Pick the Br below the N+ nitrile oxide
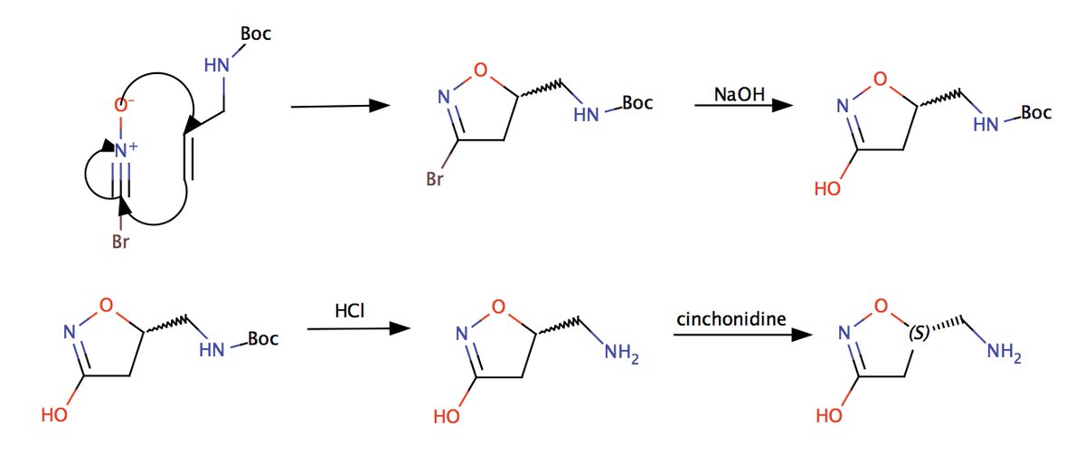click(x=121, y=242)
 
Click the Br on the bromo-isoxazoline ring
click(x=434, y=180)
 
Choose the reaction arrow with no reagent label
click(x=340, y=107)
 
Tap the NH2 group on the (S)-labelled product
click(x=1004, y=354)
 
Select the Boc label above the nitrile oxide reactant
click(x=255, y=34)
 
